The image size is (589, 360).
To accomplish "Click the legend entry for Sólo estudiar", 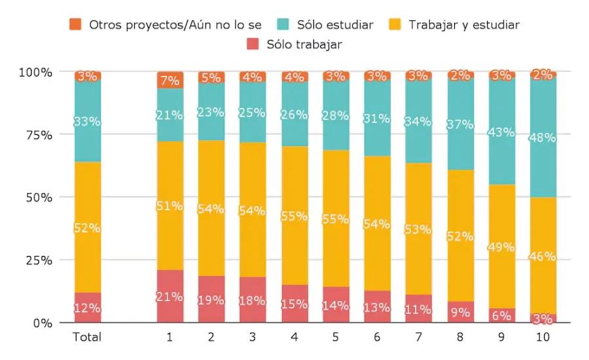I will tap(334, 25).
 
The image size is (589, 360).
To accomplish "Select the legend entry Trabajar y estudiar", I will tap(463, 25).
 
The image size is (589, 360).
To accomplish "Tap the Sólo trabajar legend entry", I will tap(304, 45).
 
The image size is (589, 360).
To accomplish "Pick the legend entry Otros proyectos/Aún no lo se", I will tap(175, 25).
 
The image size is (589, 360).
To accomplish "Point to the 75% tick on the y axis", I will tap(37, 135).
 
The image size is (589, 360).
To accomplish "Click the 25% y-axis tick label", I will tap(37, 260).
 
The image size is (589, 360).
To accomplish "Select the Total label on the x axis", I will tap(87, 338).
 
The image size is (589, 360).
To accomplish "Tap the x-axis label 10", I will tap(543, 338).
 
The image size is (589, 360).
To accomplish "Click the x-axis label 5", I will tap(336, 338).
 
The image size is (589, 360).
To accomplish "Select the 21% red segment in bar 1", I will tap(170, 297).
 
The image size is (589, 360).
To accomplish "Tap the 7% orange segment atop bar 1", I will tap(170, 81).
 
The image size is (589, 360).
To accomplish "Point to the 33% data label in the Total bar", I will tap(87, 121).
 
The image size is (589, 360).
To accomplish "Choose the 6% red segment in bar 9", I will tap(502, 315).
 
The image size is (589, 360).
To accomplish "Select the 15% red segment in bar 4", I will tap(294, 304).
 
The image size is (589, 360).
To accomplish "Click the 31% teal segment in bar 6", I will tap(377, 118).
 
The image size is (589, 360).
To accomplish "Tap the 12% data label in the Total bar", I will tap(87, 308).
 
